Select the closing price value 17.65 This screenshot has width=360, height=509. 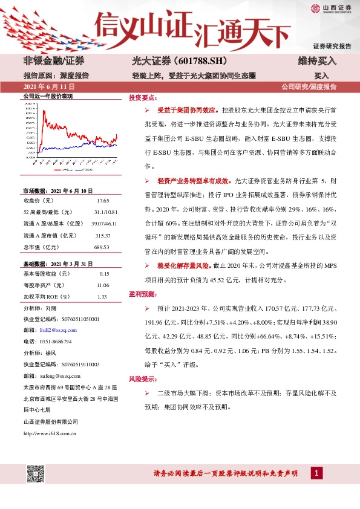pos(103,200)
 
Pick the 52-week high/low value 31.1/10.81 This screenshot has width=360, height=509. pos(106,211)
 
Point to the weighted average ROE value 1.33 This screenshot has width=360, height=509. pos(102,297)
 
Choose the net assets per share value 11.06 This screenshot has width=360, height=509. pos(103,285)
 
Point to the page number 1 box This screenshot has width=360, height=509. pos(315,473)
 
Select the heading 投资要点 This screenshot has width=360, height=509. pos(142,97)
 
